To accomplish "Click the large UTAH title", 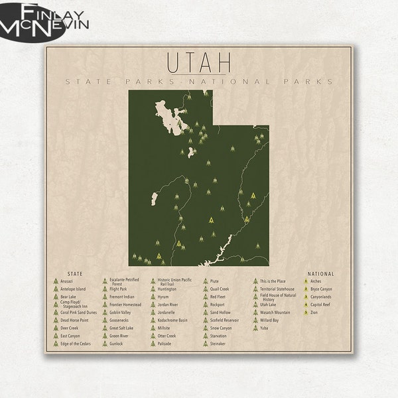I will tap(199, 63).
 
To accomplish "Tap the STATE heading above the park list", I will tap(76, 273).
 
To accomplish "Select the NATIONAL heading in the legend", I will tap(321, 273).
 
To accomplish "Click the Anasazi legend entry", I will tap(66, 281).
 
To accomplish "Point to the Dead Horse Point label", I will tap(74, 320).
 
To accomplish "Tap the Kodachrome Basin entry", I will tap(173, 320).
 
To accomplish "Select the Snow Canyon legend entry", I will tap(221, 328).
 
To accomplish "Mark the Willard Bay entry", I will tap(269, 320).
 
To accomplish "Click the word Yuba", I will tap(264, 328).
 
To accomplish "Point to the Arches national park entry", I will tap(315, 281).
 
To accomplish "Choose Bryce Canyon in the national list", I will tap(321, 289).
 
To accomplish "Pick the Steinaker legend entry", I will tap(218, 344).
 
